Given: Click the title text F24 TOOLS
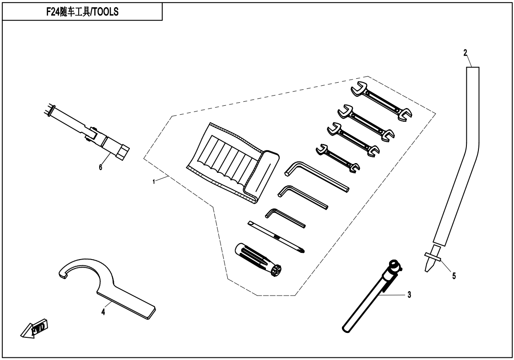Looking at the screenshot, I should point(82,12).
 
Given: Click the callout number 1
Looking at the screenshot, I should point(154,182).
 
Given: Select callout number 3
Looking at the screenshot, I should point(409,295).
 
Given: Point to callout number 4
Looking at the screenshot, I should point(103,312).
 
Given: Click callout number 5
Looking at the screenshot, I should point(454,276).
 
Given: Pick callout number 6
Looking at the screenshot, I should point(100,167).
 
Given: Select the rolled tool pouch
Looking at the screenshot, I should point(231,164).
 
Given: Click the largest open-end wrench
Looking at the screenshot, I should point(381,102).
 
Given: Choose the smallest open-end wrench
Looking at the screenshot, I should point(337,158).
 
